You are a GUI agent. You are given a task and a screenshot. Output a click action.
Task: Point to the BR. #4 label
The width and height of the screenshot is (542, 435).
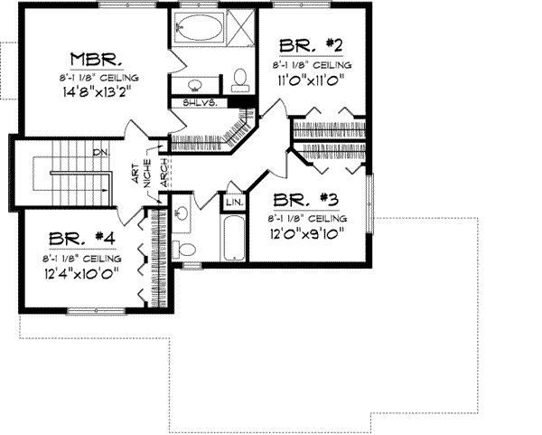tap(81, 239)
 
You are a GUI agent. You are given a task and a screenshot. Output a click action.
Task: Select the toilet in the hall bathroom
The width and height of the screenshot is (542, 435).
tap(185, 249)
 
